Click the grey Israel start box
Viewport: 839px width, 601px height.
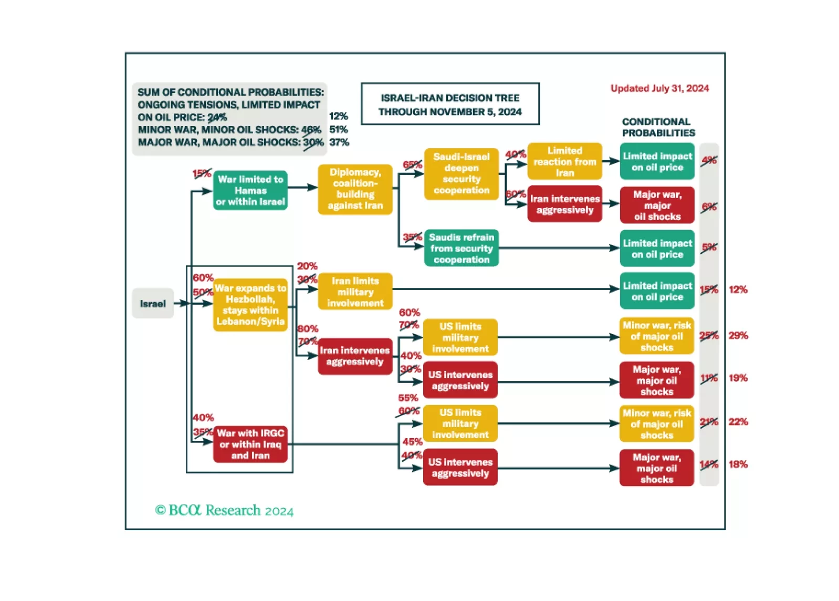pos(152,304)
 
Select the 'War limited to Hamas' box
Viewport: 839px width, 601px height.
pos(250,190)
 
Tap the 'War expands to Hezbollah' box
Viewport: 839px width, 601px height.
pos(250,305)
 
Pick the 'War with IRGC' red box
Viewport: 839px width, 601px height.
pos(250,444)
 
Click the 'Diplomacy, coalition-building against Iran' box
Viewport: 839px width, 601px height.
pos(355,189)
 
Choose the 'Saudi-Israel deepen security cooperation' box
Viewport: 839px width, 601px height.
pos(461,173)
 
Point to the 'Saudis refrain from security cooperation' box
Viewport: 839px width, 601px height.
pos(461,248)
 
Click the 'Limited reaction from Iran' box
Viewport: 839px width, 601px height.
pos(564,161)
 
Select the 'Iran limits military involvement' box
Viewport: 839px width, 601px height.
pos(355,292)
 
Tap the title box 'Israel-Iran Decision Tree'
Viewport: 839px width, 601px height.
pos(450,104)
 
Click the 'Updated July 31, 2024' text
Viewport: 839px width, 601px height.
pos(659,88)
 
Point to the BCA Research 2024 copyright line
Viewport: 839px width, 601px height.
pos(224,510)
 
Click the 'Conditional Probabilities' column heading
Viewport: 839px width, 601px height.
pos(658,127)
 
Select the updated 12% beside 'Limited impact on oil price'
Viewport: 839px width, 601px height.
pos(738,289)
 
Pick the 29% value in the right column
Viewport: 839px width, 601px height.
pos(738,335)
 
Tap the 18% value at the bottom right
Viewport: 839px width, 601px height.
pos(738,464)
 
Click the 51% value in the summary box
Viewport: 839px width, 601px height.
pos(339,129)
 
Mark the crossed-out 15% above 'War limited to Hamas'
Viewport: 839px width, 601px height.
pos(201,173)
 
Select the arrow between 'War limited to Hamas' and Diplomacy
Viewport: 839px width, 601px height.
pos(302,187)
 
